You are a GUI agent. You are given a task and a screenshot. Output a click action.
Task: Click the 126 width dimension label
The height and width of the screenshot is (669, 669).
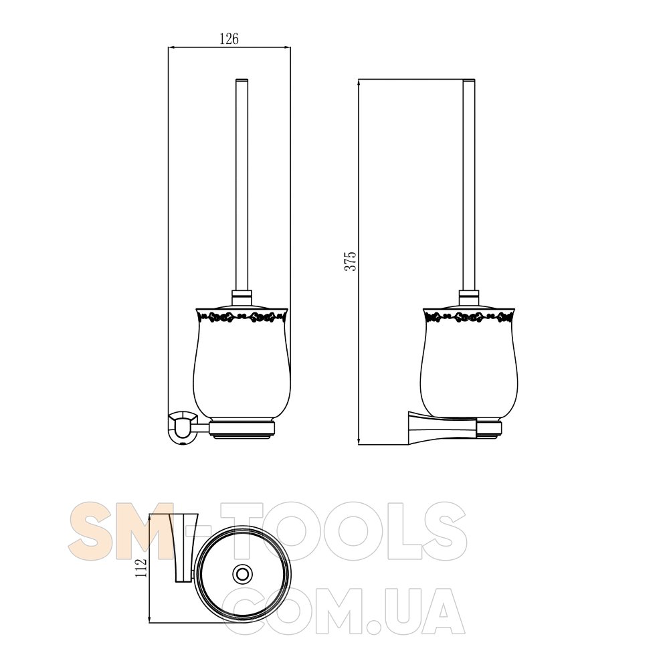click(x=229, y=39)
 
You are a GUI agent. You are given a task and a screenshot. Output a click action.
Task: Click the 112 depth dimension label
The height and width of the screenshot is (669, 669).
click(x=140, y=568)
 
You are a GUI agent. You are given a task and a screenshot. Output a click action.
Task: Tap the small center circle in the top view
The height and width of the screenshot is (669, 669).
click(x=242, y=573)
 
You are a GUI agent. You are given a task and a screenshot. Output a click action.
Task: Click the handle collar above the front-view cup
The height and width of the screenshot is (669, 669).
click(x=242, y=298)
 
